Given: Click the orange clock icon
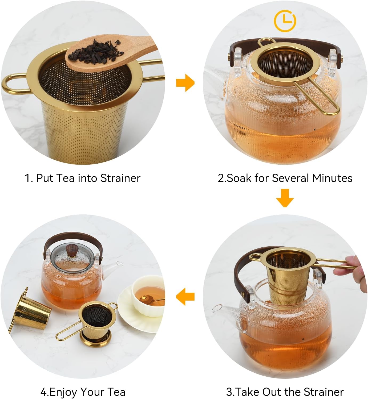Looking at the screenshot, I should click(285, 21).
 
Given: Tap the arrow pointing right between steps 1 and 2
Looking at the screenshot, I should click(185, 83).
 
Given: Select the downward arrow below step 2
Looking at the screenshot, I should click(285, 198).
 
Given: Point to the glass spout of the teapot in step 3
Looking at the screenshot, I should click(223, 310).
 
